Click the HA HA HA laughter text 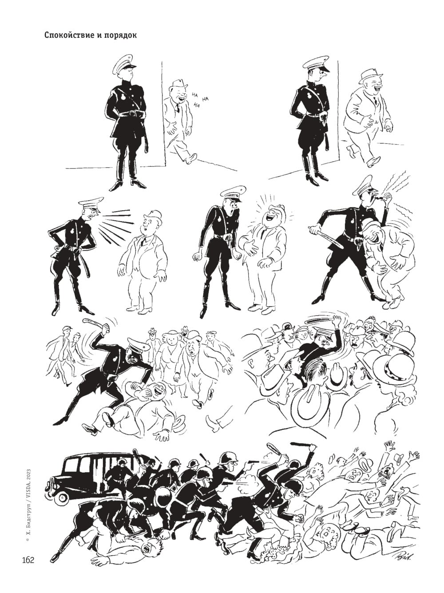pyautogui.click(x=199, y=99)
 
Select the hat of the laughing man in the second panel pyautogui.click(x=370, y=76)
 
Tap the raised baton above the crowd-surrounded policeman pyautogui.click(x=320, y=321)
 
